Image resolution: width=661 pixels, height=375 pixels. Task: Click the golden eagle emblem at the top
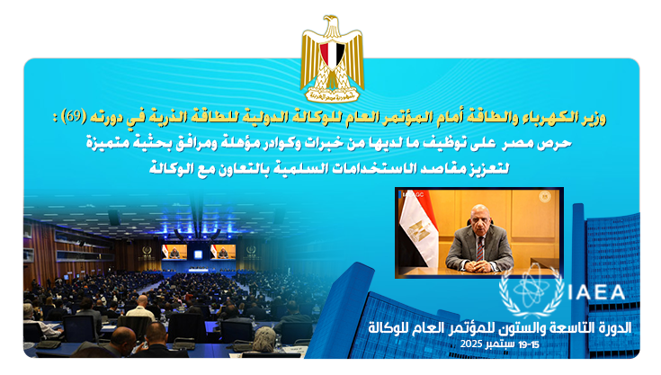tap(332, 59)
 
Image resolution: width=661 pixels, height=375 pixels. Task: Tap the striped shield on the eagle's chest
tap(332, 55)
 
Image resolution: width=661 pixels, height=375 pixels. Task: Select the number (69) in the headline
tap(74, 116)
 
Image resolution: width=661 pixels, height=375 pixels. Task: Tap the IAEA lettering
tap(596, 292)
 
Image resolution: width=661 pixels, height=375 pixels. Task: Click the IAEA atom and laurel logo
tap(531, 291)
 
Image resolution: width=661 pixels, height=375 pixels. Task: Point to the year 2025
tap(471, 344)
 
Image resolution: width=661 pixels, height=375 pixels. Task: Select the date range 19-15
tap(529, 344)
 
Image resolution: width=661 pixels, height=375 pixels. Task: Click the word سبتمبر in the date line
tap(500, 344)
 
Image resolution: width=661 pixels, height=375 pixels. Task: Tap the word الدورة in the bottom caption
tap(614, 327)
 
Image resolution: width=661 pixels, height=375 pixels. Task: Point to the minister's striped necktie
tap(479, 248)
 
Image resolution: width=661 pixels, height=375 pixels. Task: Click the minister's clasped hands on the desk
tap(479, 266)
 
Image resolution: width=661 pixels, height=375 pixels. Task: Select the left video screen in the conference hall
tap(174, 252)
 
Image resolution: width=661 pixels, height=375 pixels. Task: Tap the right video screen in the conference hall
tap(223, 252)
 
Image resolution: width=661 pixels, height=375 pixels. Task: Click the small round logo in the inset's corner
tap(545, 196)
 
